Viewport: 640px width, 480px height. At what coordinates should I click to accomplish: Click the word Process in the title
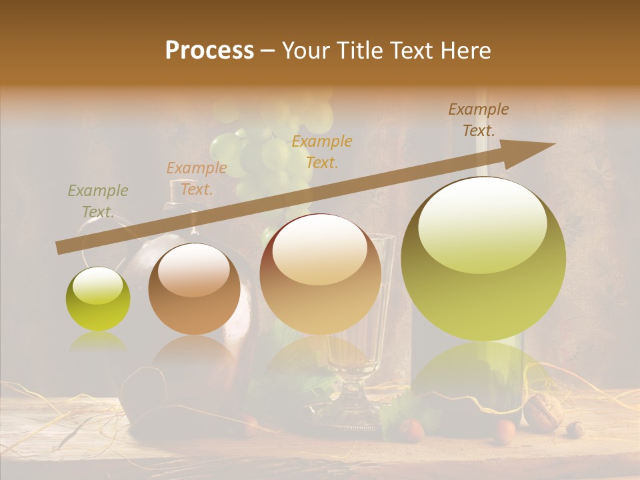(209, 51)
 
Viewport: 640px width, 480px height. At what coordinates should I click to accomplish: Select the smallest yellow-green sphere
(98, 299)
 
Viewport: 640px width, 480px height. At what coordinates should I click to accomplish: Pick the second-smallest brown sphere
(194, 289)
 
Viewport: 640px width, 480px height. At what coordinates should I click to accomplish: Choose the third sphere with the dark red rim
(321, 274)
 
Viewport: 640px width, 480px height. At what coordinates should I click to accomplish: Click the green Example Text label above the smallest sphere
(98, 201)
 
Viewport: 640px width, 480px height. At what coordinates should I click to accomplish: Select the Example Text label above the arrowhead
(478, 120)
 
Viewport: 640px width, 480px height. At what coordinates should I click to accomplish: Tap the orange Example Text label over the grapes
(322, 151)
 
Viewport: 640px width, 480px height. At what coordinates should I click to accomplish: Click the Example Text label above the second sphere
(197, 178)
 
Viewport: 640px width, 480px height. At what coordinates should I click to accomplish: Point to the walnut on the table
(543, 411)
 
